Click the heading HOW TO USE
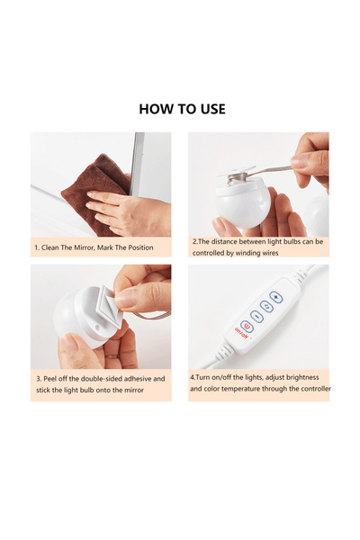(182, 109)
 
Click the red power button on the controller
(247, 326)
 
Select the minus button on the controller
(256, 316)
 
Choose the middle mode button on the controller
(266, 306)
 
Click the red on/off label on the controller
(241, 333)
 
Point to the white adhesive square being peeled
(110, 305)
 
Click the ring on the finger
(112, 356)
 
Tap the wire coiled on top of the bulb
(237, 178)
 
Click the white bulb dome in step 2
(243, 204)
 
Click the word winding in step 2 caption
(247, 253)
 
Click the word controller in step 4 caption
(315, 389)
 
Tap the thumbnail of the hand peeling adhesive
(101, 317)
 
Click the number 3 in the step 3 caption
(38, 379)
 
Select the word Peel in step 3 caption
(49, 379)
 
